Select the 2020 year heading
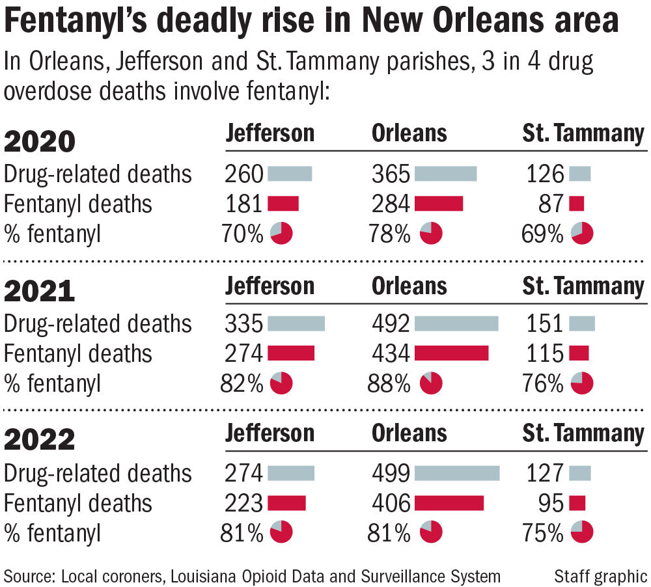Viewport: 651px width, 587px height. [x=40, y=141]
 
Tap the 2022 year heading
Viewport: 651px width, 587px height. [x=40, y=440]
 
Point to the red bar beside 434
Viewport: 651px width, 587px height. [x=451, y=353]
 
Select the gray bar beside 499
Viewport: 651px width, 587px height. [x=456, y=473]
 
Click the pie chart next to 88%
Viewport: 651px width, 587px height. [x=431, y=383]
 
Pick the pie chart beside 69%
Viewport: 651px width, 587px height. [x=582, y=233]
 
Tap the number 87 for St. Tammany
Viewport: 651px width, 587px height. [x=551, y=204]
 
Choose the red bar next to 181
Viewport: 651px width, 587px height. [x=283, y=204]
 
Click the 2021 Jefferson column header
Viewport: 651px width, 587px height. [x=270, y=286]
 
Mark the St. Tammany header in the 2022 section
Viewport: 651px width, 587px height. [x=583, y=433]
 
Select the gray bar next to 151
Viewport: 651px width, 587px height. [x=582, y=323]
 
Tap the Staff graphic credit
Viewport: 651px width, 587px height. [x=600, y=575]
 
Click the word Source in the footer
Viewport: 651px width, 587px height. [x=29, y=575]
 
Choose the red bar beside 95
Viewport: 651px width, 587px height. [x=577, y=503]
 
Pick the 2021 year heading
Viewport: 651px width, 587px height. [x=40, y=291]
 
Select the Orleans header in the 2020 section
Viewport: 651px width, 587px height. [x=409, y=133]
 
